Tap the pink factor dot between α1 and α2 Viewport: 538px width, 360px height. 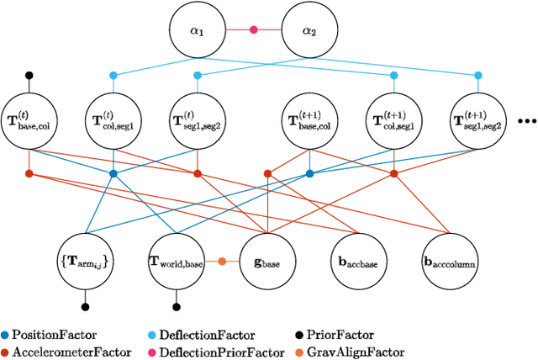coord(253,29)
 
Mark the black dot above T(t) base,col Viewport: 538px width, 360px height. coord(29,75)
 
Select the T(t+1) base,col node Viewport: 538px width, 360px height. coord(309,121)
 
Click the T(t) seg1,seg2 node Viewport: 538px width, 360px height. coord(198,121)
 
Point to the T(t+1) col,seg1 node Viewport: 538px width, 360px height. coord(394,121)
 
